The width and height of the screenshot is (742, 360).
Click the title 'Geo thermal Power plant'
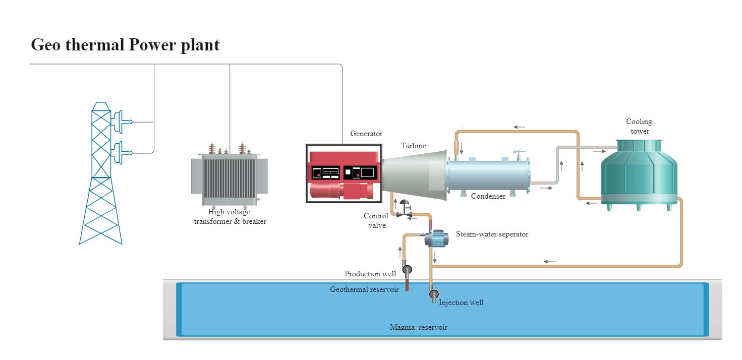tap(125, 45)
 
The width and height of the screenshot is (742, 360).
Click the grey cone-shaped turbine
tap(414, 173)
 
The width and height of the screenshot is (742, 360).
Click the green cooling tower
tap(639, 174)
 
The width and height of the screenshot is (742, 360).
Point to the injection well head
tap(433, 294)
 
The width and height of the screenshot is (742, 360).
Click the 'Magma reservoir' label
tap(418, 327)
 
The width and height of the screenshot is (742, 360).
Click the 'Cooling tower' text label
tap(639, 126)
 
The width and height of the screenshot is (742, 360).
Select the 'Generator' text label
tap(366, 134)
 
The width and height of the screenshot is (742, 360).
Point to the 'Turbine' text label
tap(414, 146)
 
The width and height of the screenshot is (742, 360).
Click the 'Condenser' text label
tap(488, 196)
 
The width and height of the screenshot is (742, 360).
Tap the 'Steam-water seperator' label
tap(492, 234)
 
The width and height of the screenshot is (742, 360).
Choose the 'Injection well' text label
tap(461, 303)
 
